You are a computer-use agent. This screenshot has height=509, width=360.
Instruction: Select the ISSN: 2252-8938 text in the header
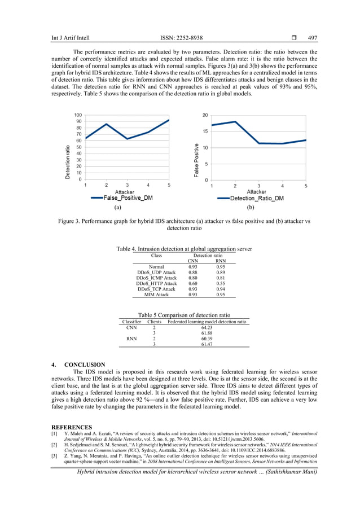(x=181, y=38)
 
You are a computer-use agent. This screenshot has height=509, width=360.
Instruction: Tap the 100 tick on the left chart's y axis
(x=78, y=115)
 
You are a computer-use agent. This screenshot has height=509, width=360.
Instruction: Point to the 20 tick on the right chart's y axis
(x=205, y=115)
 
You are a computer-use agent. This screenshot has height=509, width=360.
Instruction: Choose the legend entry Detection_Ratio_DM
(x=256, y=198)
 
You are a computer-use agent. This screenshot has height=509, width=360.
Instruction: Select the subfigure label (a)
(x=117, y=207)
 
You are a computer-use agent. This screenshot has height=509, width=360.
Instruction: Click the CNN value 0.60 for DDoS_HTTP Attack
(x=192, y=283)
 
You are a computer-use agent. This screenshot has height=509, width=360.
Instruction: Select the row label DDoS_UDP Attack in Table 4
(x=156, y=272)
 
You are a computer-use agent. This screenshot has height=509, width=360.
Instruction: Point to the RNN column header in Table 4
(x=221, y=261)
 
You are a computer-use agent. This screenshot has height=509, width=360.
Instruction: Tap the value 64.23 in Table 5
(x=206, y=327)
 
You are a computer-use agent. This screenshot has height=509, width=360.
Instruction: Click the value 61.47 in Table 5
(x=206, y=344)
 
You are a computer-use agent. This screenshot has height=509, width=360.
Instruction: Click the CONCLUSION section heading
(x=85, y=365)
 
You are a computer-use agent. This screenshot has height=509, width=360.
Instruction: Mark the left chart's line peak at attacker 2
(x=106, y=124)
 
